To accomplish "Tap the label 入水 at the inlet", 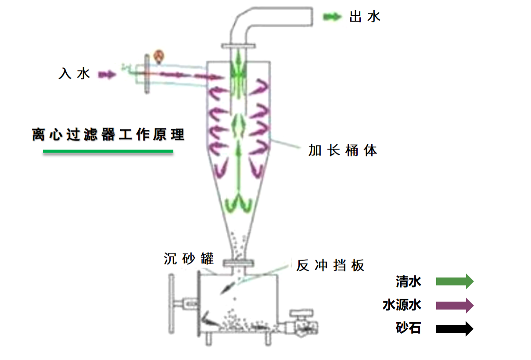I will coord(74,74).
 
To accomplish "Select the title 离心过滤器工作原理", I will coord(108,135).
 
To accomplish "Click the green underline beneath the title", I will coord(108,152).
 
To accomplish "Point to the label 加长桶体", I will coord(342,150).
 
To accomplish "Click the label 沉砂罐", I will coord(188,259).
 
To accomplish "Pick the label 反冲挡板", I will coord(330,266).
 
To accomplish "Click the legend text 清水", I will coord(408,282).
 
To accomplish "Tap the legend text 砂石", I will coord(408,328).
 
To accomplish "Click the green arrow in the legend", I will coord(455,282).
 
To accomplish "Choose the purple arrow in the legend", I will coord(455,305).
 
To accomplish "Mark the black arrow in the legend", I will coord(455,328).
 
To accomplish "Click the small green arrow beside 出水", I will coord(332,17).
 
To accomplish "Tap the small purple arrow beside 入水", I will coord(107,75).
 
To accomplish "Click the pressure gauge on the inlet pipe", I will coord(159,56).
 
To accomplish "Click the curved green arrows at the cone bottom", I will coord(239,204).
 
